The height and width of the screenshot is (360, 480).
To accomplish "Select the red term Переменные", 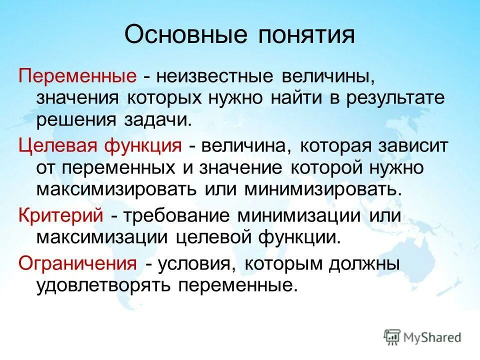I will (78, 76).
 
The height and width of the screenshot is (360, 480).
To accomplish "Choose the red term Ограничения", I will (77, 263).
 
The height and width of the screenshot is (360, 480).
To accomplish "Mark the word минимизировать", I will (322, 189).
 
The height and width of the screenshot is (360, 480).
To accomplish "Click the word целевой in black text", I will (214, 236).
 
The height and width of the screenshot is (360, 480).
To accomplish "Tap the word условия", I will (198, 263).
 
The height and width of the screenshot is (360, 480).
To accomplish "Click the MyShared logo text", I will (433, 337).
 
